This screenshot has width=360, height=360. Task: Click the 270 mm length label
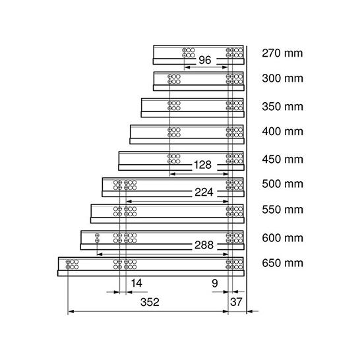[282, 53]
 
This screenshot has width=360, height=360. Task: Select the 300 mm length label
[282, 78]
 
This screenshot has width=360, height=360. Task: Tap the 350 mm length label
[282, 107]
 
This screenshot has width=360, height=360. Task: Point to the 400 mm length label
[282, 131]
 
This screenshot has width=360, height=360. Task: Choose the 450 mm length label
[282, 159]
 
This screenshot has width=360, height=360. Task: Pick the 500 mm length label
[282, 184]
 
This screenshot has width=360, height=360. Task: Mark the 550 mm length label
[282, 210]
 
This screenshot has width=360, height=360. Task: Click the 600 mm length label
[282, 237]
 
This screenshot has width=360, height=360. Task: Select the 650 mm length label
[282, 263]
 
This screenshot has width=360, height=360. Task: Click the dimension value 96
[205, 60]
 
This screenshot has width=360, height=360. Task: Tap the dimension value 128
[202, 165]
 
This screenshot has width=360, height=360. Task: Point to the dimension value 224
[204, 192]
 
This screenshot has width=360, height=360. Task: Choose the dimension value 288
[204, 245]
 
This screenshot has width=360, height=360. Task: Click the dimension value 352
[150, 302]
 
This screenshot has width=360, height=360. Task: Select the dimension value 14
[136, 283]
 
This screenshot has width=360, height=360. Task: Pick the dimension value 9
[215, 284]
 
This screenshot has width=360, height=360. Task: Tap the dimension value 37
[236, 302]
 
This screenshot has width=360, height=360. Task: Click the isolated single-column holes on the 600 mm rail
[97, 238]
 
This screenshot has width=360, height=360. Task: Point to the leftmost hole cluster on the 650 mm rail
[72, 264]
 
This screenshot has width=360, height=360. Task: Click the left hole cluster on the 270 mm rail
[189, 53]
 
